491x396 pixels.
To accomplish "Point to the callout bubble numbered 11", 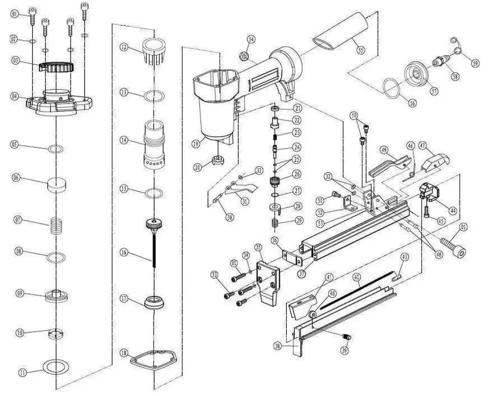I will pyautogui.click(x=22, y=373).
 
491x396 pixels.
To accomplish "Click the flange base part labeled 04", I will pyautogui.click(x=59, y=101).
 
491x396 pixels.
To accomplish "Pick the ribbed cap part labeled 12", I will pyautogui.click(x=155, y=51).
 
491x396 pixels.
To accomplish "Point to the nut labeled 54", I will pyautogui.click(x=241, y=56).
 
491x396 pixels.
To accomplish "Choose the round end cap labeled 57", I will pyautogui.click(x=417, y=72).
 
